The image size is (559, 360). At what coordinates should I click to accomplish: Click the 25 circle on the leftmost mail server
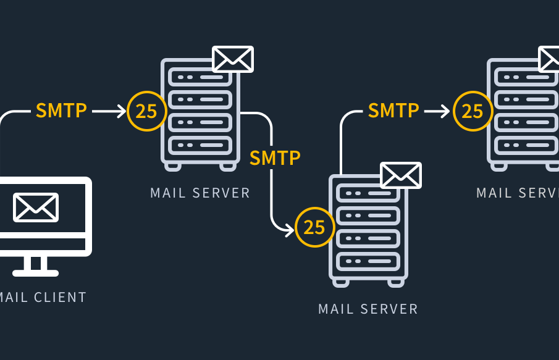click(146, 111)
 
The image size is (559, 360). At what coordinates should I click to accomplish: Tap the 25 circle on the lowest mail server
click(314, 227)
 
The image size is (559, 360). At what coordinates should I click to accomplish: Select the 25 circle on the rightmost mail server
click(473, 111)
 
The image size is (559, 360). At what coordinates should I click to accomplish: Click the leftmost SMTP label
click(61, 111)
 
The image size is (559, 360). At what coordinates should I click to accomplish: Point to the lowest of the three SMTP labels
click(275, 158)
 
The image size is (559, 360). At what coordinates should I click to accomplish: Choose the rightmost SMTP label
click(393, 111)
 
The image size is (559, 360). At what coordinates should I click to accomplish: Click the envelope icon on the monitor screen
click(36, 207)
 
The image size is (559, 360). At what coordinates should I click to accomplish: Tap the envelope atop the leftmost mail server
click(233, 59)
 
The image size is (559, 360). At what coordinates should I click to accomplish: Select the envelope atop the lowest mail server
click(401, 175)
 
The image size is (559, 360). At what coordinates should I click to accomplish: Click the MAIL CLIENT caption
click(43, 298)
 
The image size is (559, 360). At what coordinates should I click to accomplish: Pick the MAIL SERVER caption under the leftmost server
click(200, 193)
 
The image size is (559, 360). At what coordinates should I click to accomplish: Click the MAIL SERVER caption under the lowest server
click(368, 309)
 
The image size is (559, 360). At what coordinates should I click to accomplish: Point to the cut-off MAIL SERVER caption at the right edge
click(518, 193)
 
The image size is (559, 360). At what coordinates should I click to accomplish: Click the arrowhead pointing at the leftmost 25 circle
click(121, 111)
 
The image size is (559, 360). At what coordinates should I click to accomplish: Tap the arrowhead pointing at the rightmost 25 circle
click(446, 111)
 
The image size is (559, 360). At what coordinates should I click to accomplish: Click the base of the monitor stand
click(36, 272)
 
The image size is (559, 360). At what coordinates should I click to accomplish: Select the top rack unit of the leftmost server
click(200, 77)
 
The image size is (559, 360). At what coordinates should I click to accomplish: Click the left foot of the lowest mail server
click(341, 283)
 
